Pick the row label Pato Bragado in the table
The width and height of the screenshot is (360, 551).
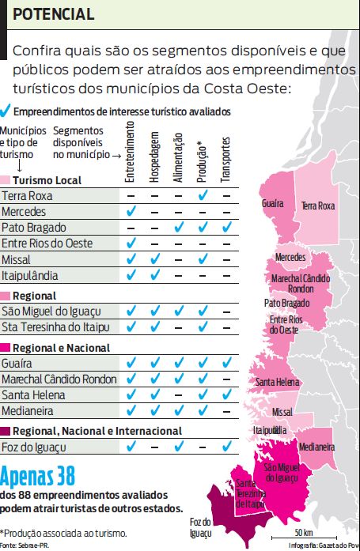33,227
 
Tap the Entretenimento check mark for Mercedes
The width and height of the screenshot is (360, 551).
131,212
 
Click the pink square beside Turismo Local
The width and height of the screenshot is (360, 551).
6,180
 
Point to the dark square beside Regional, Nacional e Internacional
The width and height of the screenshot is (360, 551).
6,431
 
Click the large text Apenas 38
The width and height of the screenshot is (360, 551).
38,477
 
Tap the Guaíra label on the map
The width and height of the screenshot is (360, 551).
272,204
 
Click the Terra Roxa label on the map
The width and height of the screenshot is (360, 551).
317,206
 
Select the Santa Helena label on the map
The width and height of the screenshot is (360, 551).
277,383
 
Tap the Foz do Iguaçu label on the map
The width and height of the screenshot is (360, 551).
201,527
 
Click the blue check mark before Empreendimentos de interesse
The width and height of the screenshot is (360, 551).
6,112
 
